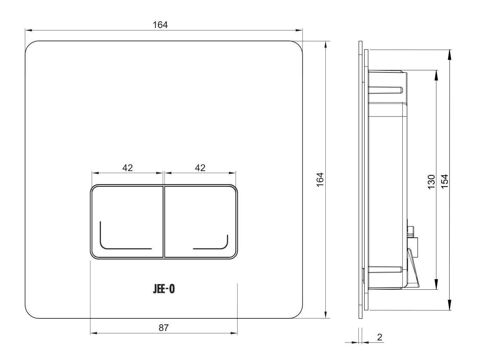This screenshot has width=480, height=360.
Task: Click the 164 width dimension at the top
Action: tap(160, 25)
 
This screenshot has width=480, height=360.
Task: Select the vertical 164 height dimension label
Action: tap(320, 180)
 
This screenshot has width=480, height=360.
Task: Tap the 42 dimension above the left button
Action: tap(128, 168)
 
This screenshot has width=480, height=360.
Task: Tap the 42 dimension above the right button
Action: tap(200, 168)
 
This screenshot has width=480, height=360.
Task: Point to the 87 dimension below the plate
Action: tap(164, 328)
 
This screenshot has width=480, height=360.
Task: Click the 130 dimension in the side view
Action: tap(431, 182)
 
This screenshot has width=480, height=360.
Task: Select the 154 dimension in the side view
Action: tap(445, 182)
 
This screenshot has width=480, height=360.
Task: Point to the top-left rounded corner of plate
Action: tap(29, 45)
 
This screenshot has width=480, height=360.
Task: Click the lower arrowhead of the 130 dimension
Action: tap(436, 287)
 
